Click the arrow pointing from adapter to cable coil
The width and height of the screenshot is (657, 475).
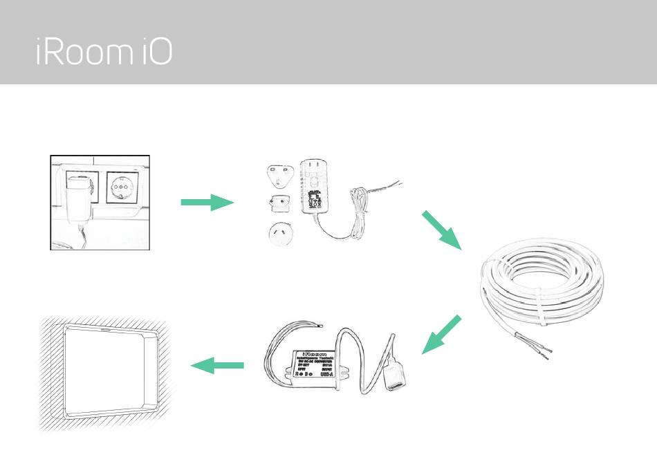coord(441,230)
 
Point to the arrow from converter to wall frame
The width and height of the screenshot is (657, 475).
coord(217,365)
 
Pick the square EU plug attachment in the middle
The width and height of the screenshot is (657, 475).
coord(279,204)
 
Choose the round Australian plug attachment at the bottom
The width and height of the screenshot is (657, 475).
coord(281,233)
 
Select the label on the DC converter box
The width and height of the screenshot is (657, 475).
coord(313,363)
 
